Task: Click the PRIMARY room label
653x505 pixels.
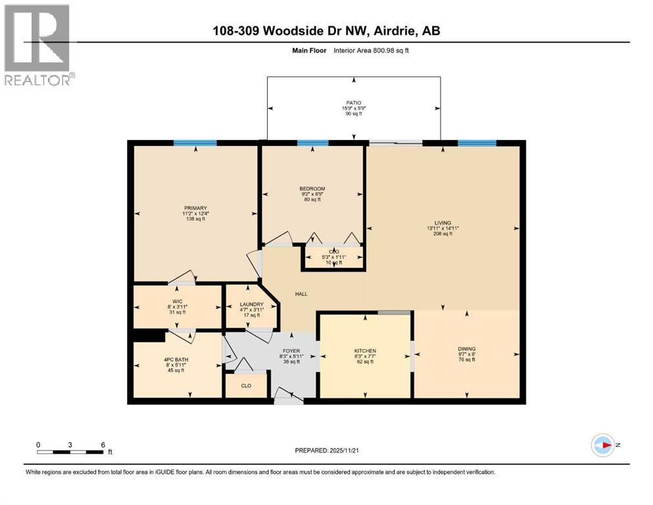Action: (195, 208)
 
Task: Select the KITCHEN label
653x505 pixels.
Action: (365, 351)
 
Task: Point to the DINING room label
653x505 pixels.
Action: (466, 349)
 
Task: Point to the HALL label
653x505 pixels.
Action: (301, 294)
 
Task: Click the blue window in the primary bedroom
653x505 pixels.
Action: (195, 143)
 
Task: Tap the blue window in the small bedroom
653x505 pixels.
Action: (312, 143)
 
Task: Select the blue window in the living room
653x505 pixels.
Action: (477, 143)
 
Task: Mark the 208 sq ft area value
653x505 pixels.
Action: (442, 234)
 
